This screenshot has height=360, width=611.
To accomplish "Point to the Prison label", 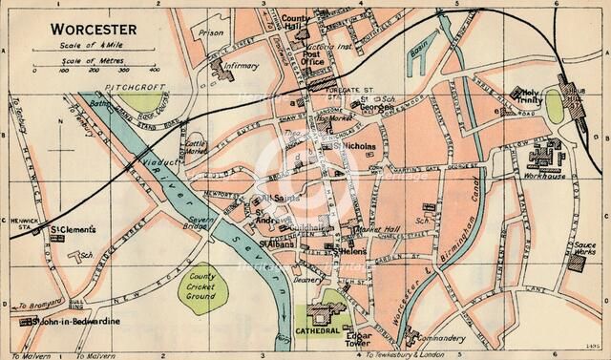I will click(211, 32).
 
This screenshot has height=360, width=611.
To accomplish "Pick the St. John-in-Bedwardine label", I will click(76, 323).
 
